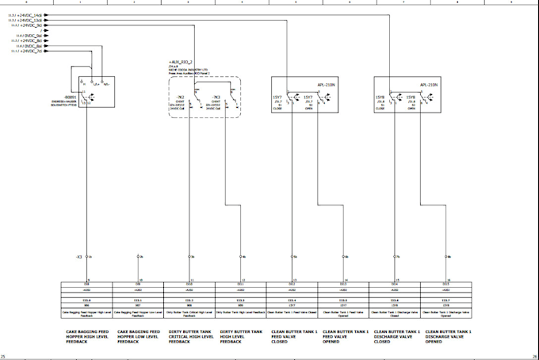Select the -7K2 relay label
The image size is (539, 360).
coord(180,97)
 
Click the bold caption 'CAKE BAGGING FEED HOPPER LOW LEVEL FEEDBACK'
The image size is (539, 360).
coord(138,336)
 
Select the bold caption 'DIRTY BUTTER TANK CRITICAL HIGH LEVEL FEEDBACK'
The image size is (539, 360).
coord(189,336)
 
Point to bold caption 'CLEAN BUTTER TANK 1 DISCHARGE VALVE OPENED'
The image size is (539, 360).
coord(449,336)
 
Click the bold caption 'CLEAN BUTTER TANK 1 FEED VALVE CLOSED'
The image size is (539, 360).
coord(293,336)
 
